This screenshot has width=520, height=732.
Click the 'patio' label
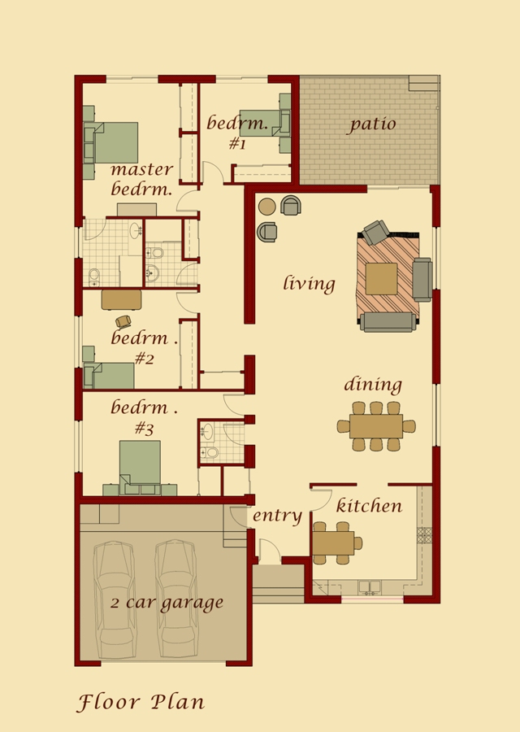coord(373,124)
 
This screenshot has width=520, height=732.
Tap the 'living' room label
coord(309,284)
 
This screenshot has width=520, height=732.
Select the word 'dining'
coord(373,385)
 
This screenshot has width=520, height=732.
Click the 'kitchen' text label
coord(369,506)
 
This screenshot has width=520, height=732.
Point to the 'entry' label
coord(277,516)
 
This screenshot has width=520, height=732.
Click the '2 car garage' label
coord(167,603)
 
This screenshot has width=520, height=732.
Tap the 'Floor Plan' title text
coord(141,702)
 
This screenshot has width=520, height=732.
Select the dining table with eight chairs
coord(376,426)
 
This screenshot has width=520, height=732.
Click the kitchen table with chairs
coord(332,542)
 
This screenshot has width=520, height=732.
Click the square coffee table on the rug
coord(381,278)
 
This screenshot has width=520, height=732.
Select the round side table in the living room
coord(266,207)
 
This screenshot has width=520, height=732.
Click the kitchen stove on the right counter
coord(424,535)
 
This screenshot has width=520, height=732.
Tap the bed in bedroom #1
coord(262,123)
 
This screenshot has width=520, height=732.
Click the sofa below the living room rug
coord(387,322)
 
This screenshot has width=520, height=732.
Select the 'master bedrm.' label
coord(142,180)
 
